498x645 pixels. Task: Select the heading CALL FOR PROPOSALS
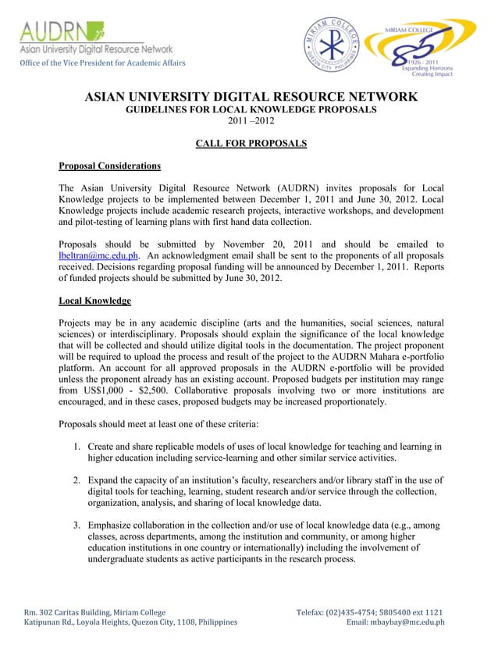click(251, 144)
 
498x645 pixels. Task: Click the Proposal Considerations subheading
click(110, 166)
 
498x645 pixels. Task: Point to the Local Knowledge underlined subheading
click(94, 301)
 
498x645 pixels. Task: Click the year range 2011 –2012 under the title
click(251, 122)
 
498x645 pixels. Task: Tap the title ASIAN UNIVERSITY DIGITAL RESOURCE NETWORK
click(251, 97)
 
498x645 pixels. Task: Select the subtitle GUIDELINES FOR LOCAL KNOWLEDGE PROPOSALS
click(251, 110)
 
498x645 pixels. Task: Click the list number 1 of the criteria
click(79, 447)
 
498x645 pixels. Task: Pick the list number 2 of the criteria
click(79, 480)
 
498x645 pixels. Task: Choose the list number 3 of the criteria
click(79, 526)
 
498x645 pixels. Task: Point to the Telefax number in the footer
click(370, 612)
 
